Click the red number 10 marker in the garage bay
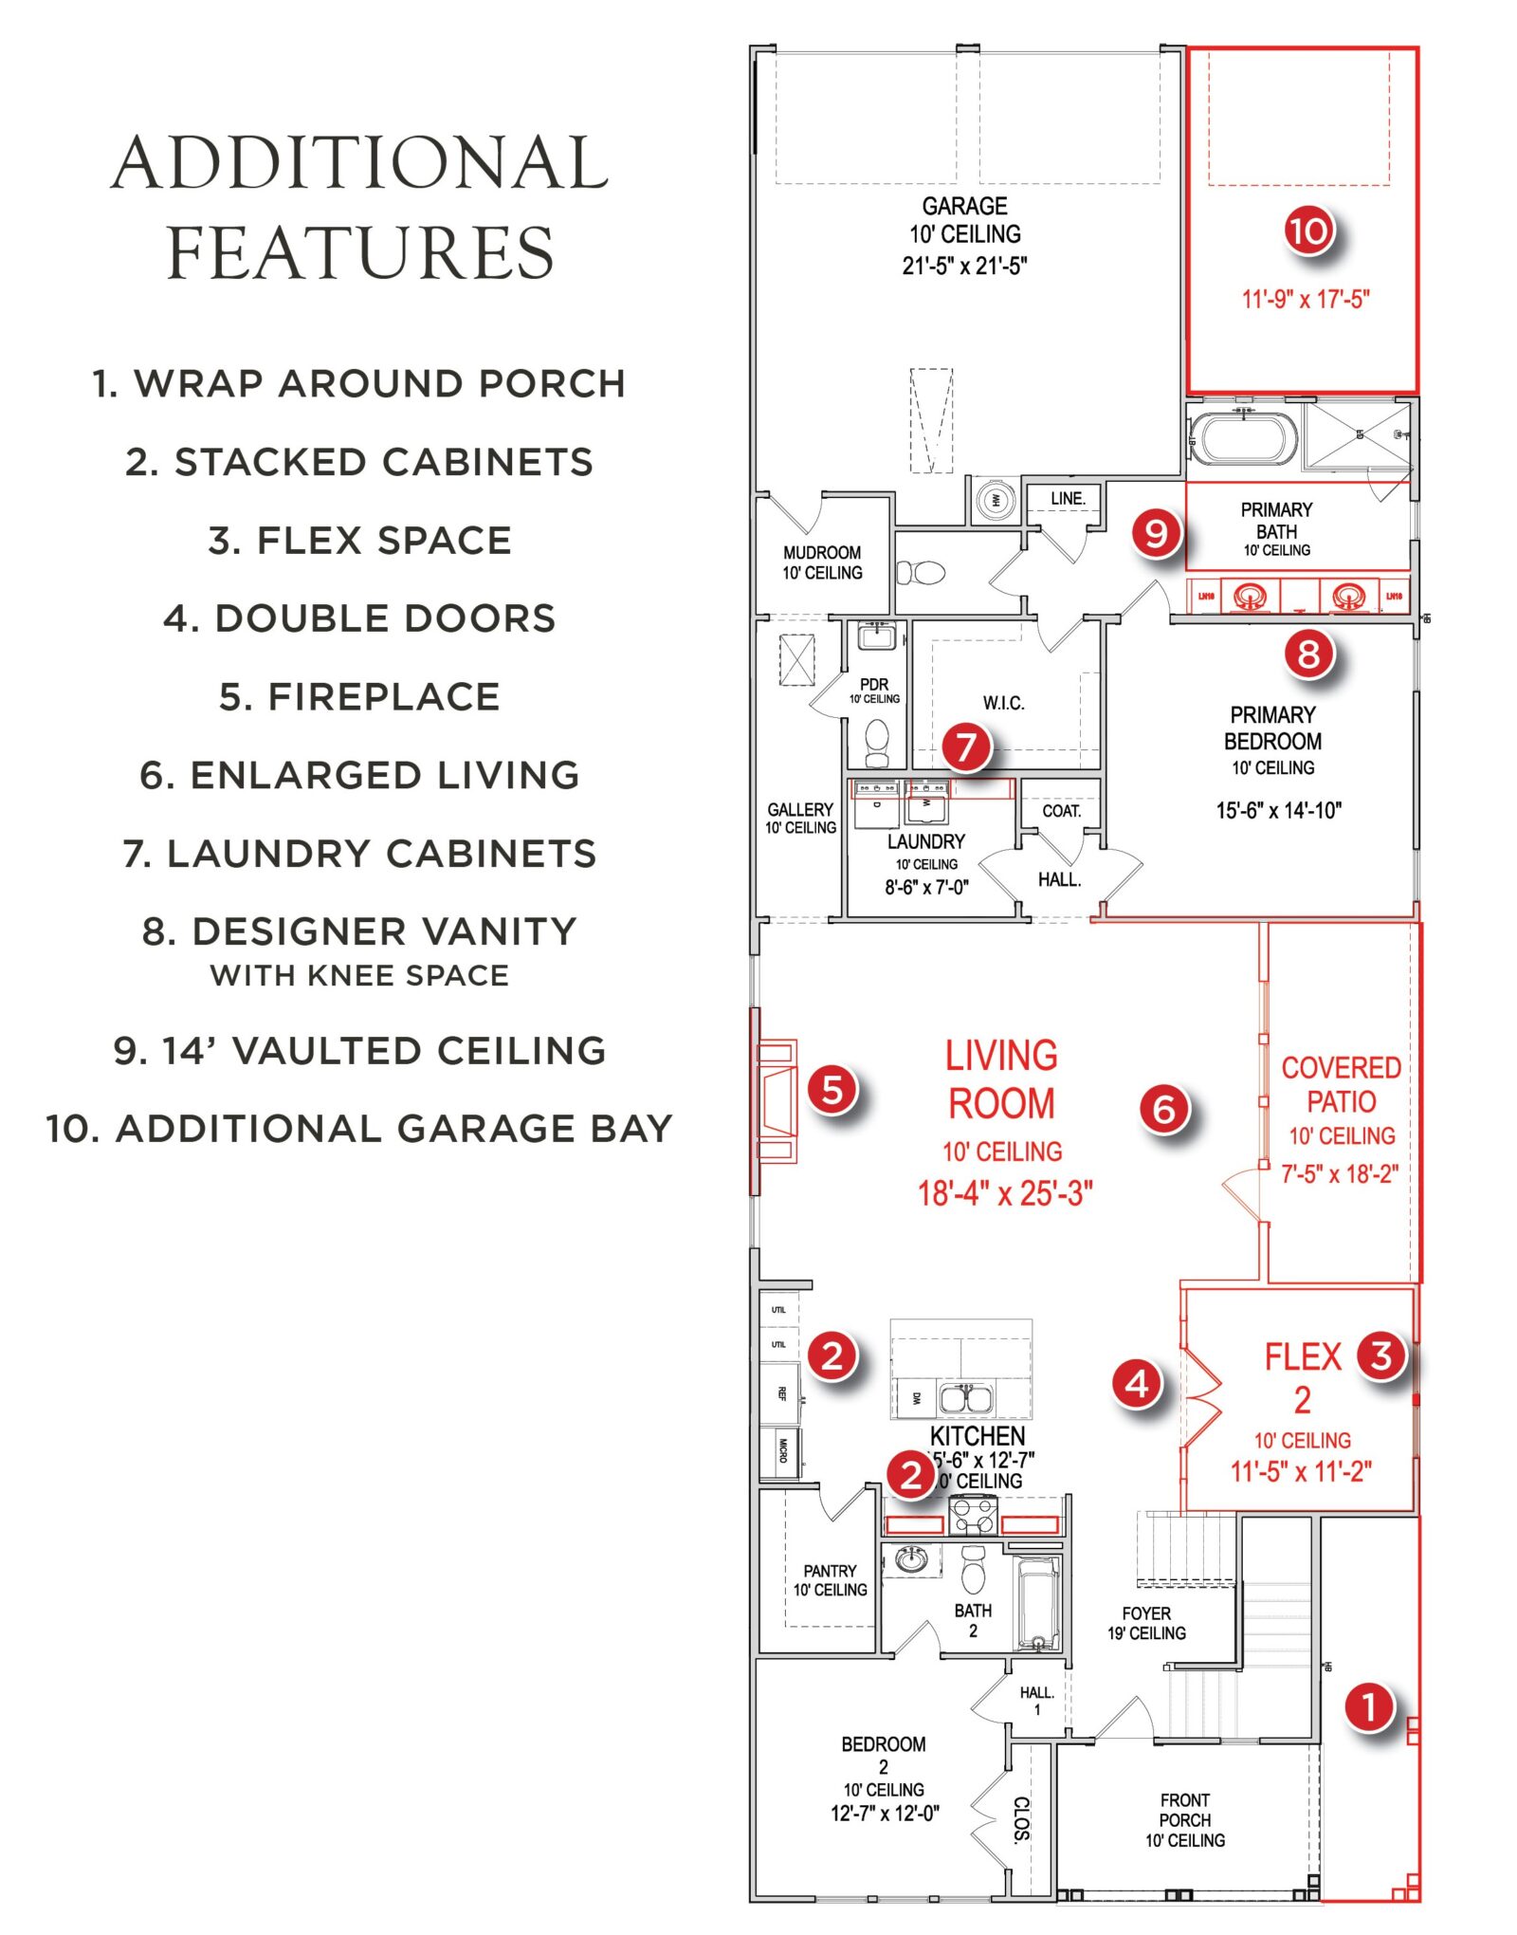(x=1309, y=230)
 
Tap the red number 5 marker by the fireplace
(x=832, y=1089)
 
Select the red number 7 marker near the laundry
(x=966, y=746)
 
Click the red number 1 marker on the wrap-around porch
(x=1369, y=1707)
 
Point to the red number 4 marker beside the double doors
(x=1137, y=1384)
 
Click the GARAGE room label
(x=964, y=206)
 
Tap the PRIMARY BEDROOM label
(x=1272, y=728)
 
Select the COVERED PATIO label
(x=1341, y=1084)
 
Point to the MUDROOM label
(x=822, y=552)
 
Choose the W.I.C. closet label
(x=1003, y=703)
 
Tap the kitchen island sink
(x=966, y=1399)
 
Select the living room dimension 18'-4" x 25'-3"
(x=1005, y=1192)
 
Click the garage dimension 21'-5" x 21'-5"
(x=964, y=266)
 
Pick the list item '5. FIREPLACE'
(x=359, y=697)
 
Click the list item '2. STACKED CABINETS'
(x=359, y=463)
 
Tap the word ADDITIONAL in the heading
(x=359, y=163)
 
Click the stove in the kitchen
(x=973, y=1515)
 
